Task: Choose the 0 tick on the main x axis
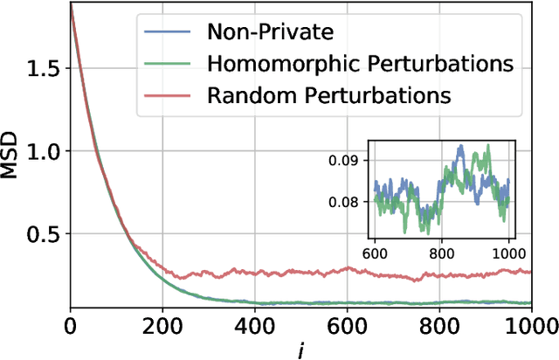click(x=70, y=325)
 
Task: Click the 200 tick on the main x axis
click(x=162, y=325)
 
